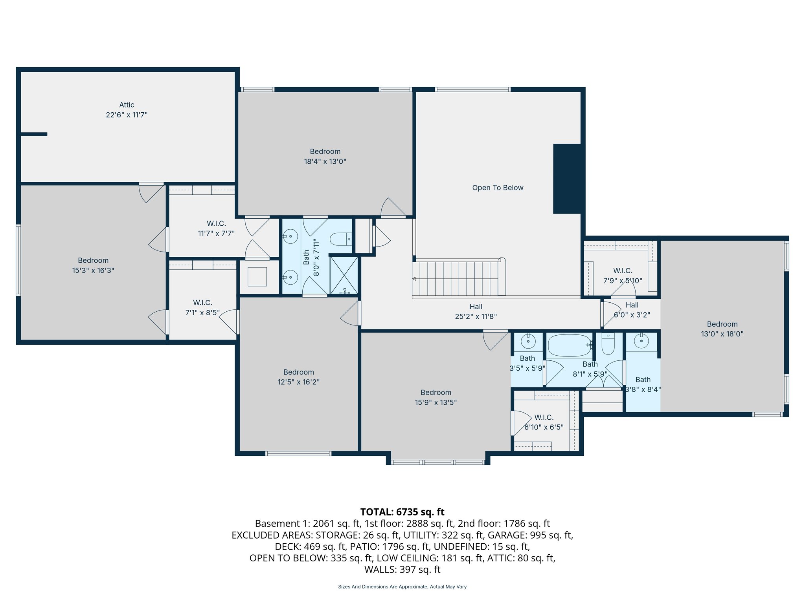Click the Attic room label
pyautogui.click(x=127, y=105)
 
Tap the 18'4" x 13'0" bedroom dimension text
pyautogui.click(x=325, y=161)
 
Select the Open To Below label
pyautogui.click(x=498, y=188)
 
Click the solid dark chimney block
pyautogui.click(x=567, y=179)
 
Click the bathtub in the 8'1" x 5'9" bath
pyautogui.click(x=569, y=345)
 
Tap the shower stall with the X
pyautogui.click(x=344, y=275)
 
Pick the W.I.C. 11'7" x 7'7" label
pyautogui.click(x=216, y=228)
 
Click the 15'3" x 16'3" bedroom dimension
pyautogui.click(x=93, y=270)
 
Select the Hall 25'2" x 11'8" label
pyautogui.click(x=476, y=311)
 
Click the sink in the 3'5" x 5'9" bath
pyautogui.click(x=528, y=342)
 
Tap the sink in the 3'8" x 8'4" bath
pyautogui.click(x=641, y=341)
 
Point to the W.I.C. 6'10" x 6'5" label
pyautogui.click(x=544, y=422)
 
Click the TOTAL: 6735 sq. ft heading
pyautogui.click(x=402, y=512)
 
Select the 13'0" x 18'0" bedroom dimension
pyautogui.click(x=722, y=334)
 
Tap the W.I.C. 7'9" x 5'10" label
pyautogui.click(x=623, y=276)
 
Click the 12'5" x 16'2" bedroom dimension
pyautogui.click(x=298, y=382)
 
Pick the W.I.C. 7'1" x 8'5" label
pyautogui.click(x=202, y=307)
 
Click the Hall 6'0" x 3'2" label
pyautogui.click(x=632, y=310)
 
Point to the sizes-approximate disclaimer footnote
pyautogui.click(x=402, y=587)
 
